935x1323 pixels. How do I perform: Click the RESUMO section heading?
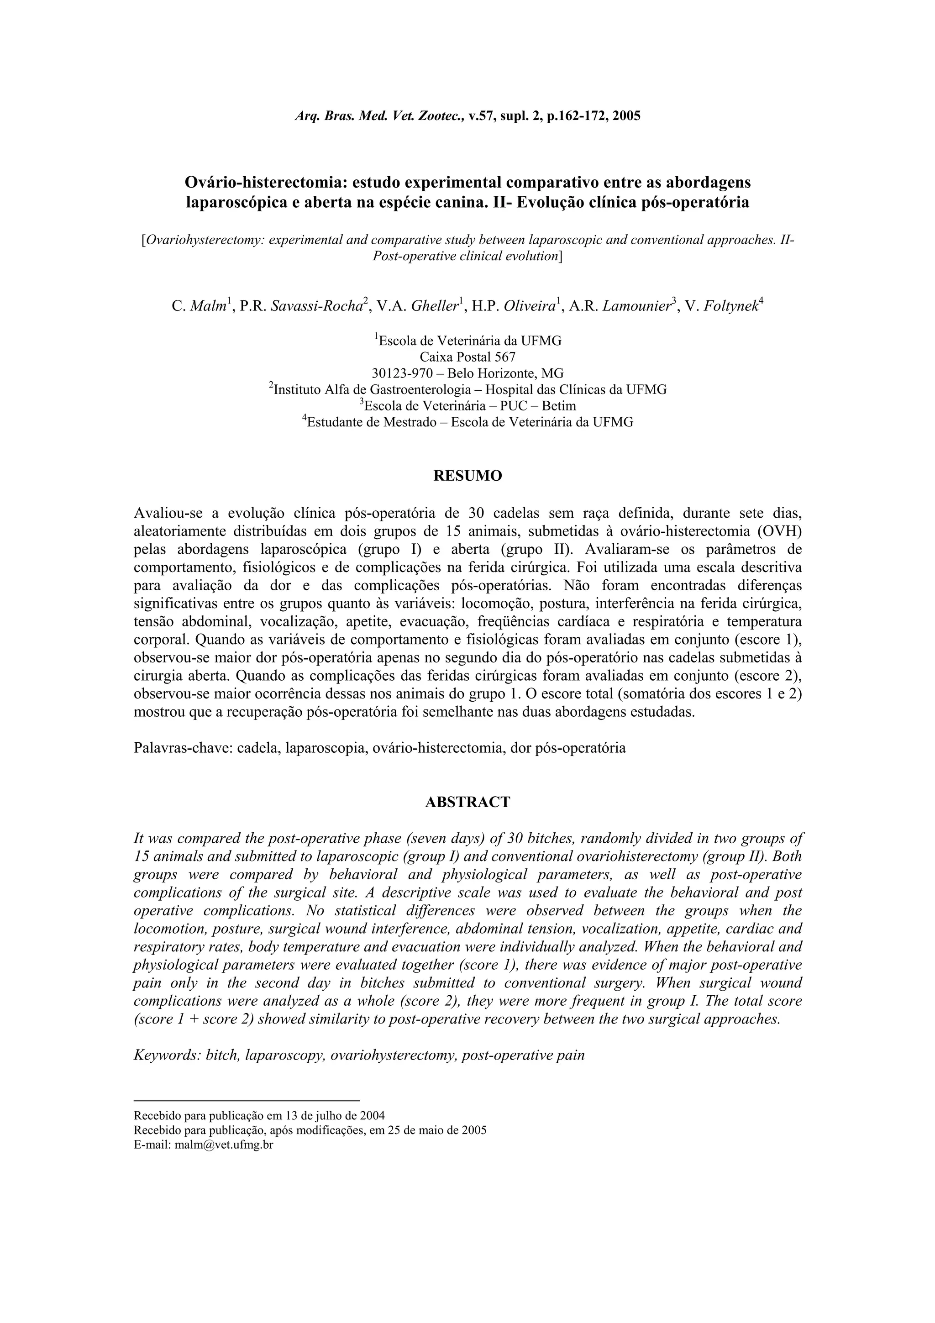(x=467, y=476)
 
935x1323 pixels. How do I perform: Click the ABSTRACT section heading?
(x=467, y=802)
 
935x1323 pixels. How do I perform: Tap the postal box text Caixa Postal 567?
(x=467, y=357)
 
